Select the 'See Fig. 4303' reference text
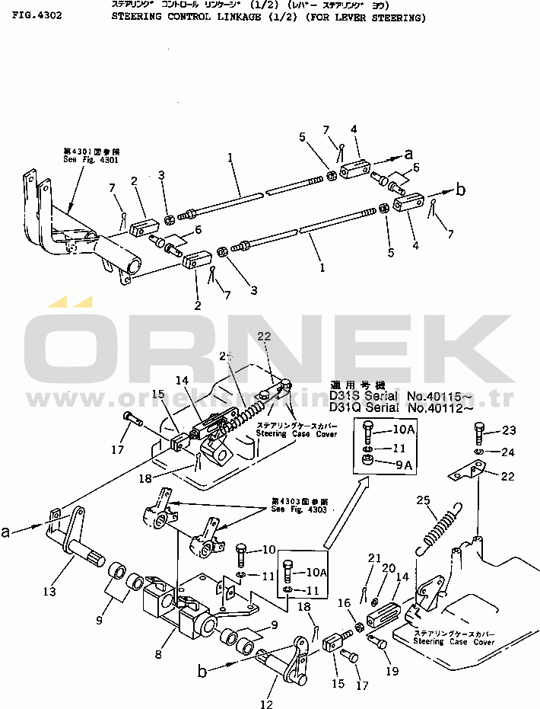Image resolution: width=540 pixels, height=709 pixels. coord(299,509)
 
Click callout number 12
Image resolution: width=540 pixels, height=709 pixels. coord(265,704)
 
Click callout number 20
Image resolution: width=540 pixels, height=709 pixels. coord(389,568)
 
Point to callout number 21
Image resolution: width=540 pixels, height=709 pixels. coord(373,559)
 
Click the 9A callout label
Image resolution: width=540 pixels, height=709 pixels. coord(403,463)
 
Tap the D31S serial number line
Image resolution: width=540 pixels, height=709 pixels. coord(401,396)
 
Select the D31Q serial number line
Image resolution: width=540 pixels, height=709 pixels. coord(401,408)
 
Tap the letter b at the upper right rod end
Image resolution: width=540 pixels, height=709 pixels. coord(460,190)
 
